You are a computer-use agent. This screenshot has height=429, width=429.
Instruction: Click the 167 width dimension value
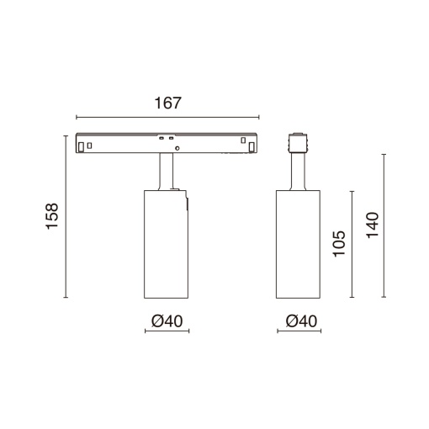point(168,103)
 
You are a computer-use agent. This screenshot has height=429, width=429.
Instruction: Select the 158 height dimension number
point(52,216)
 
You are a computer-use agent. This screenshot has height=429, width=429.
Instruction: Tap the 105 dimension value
point(339,243)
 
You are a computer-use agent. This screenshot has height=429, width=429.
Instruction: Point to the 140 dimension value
point(373,225)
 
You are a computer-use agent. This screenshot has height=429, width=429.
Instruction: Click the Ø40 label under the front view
point(167,321)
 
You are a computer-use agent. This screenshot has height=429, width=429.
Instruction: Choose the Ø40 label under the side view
point(301,321)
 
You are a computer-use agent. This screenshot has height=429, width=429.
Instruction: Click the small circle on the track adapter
point(177,148)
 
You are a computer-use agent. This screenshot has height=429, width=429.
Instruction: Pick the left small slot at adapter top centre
point(162,138)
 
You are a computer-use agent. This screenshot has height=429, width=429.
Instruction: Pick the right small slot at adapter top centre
point(171,138)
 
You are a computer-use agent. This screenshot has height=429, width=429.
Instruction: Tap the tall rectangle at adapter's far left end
point(81,147)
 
